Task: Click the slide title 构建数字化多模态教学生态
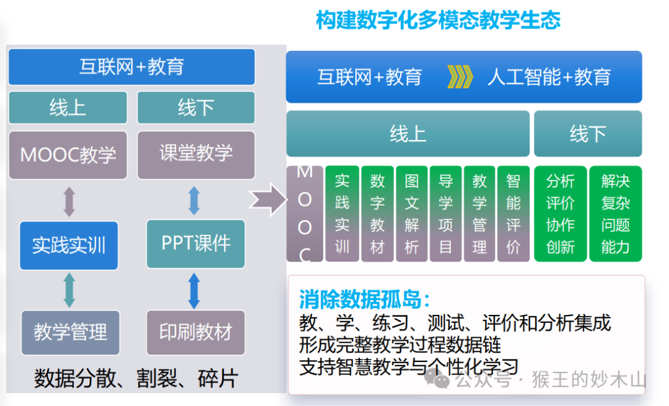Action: (438, 20)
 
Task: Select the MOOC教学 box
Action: (68, 154)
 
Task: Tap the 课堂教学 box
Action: (196, 154)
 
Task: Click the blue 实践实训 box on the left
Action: (69, 245)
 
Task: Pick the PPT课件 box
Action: (196, 244)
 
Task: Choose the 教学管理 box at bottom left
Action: (70, 332)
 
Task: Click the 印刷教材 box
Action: (196, 332)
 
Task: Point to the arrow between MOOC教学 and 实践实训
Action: (69, 201)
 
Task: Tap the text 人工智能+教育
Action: (549, 77)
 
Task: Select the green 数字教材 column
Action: (377, 214)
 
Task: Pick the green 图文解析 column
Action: (412, 214)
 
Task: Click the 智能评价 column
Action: (514, 214)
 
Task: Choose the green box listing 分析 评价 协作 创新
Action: (560, 214)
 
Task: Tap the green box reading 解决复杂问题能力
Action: (615, 214)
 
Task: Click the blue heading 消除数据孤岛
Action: (364, 299)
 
